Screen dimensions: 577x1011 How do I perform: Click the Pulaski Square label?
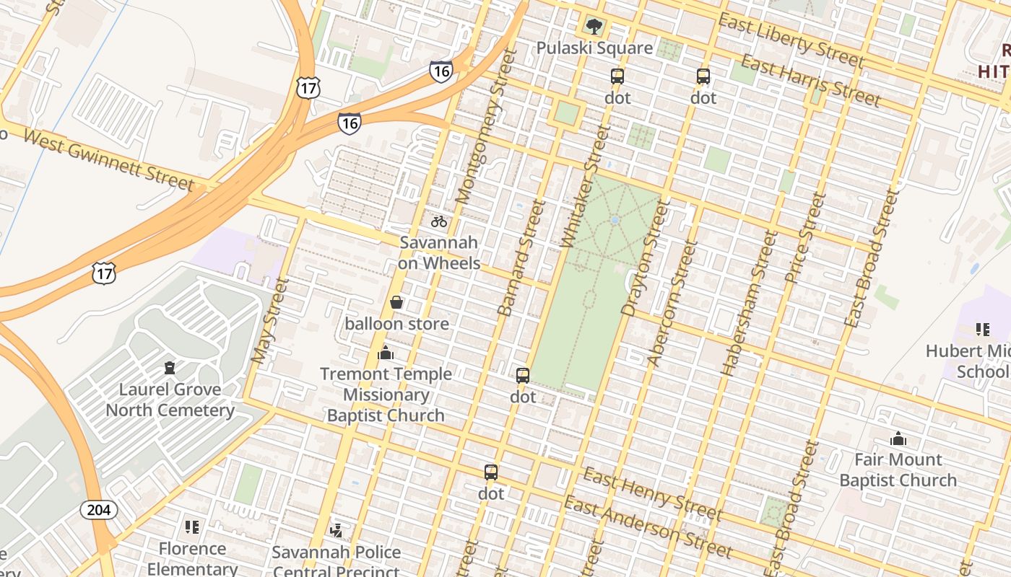click(594, 48)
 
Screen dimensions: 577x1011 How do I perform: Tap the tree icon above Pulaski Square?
click(594, 27)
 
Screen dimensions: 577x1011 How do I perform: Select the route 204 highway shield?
click(98, 510)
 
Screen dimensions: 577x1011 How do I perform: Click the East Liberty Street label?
click(790, 40)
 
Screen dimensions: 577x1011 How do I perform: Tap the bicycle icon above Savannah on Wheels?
click(439, 221)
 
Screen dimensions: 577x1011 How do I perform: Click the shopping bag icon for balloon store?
click(396, 302)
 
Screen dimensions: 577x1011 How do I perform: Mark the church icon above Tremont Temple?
click(386, 353)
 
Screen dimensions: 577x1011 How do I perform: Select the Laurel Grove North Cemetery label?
click(170, 400)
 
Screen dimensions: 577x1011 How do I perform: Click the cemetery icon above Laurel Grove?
click(170, 368)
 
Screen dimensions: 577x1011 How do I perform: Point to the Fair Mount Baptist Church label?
click(898, 470)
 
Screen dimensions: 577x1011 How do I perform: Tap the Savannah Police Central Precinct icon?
click(336, 532)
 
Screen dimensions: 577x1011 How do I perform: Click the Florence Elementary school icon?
click(191, 527)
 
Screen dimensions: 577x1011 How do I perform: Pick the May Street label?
click(270, 321)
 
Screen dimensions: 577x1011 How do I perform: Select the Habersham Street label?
click(748, 303)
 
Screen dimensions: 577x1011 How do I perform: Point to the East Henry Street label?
click(651, 493)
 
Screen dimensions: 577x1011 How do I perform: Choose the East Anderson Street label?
click(648, 527)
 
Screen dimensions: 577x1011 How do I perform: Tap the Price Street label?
click(804, 238)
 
